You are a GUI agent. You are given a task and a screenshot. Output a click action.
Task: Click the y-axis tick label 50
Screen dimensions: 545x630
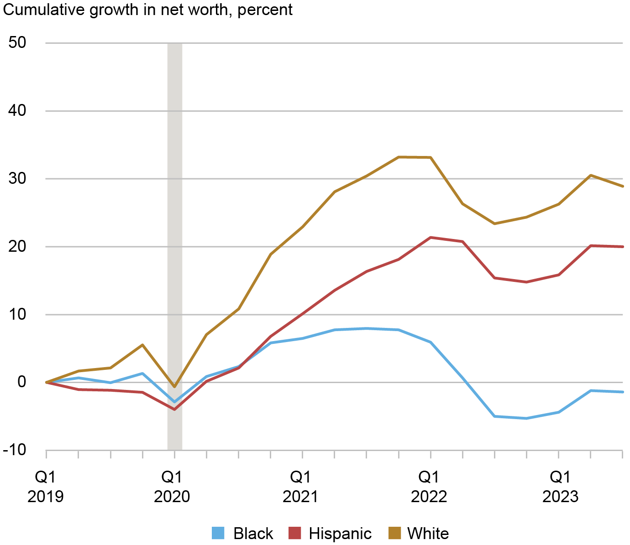[17, 43]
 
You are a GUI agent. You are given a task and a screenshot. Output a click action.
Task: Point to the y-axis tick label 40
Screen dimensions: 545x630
[17, 111]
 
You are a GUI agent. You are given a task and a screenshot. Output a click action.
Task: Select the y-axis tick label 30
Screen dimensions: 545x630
[17, 179]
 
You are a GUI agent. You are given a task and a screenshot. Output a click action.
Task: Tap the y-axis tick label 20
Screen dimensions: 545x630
[17, 247]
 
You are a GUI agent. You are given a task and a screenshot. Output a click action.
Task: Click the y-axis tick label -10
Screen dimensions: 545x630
[15, 450]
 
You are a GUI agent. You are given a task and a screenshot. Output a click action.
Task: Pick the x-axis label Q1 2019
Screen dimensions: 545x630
[46, 487]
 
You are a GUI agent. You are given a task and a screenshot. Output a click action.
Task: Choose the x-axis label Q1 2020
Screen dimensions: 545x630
[172, 487]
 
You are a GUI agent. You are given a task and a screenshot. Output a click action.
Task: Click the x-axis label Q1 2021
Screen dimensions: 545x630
[300, 487]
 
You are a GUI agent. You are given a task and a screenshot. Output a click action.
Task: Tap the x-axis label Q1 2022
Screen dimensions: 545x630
[429, 487]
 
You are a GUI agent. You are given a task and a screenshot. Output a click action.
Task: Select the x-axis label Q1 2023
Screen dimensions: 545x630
[560, 487]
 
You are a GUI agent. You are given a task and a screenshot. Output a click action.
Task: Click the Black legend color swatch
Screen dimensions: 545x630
[219, 533]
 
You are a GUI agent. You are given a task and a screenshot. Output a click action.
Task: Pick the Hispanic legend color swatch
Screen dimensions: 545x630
[295, 533]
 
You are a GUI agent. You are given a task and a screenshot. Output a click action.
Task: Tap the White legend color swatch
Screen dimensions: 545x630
[394, 533]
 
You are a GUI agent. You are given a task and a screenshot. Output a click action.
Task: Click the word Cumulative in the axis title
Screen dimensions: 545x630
[44, 10]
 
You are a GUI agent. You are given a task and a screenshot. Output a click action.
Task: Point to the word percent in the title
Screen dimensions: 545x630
[265, 10]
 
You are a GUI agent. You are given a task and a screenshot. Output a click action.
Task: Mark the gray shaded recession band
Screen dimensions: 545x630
[175, 246]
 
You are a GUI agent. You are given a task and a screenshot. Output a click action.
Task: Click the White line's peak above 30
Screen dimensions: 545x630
[399, 157]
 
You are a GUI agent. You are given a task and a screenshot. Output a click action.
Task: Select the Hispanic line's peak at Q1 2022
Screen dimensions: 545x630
[430, 237]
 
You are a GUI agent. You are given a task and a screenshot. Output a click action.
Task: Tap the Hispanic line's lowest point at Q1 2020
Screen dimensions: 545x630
[174, 409]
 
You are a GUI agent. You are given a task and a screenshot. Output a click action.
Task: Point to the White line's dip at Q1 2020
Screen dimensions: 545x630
[174, 387]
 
